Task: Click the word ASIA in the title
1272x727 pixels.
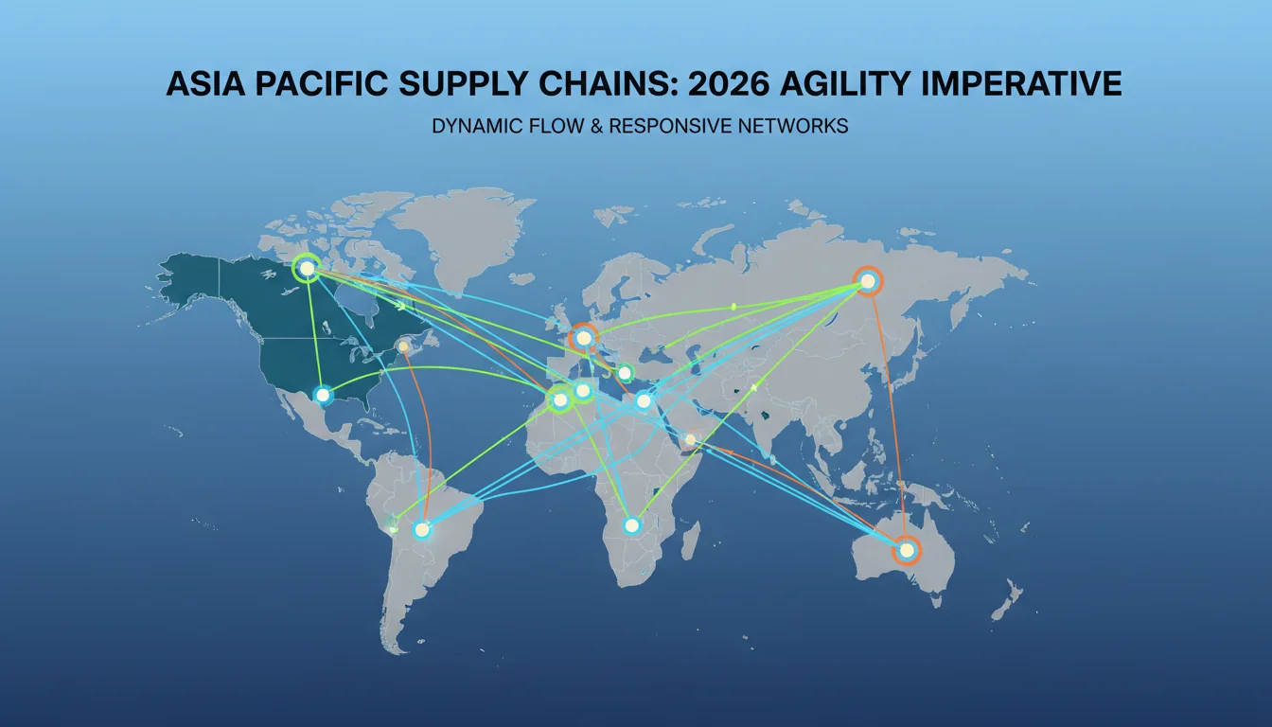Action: [x=205, y=84]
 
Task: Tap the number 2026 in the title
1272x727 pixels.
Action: [x=729, y=84]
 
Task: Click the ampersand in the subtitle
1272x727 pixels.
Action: [x=596, y=126]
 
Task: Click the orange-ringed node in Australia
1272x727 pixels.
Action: [x=907, y=550]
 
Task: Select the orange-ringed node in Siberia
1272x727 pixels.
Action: [x=868, y=281]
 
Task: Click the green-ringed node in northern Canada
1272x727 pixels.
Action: [x=307, y=268]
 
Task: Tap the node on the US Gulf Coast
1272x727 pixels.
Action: [x=323, y=395]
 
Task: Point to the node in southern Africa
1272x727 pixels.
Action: [x=631, y=525]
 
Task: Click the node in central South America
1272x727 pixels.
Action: [x=421, y=530]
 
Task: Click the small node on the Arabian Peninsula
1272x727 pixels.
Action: [x=690, y=439]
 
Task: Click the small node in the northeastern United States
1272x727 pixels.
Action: [x=403, y=346]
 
